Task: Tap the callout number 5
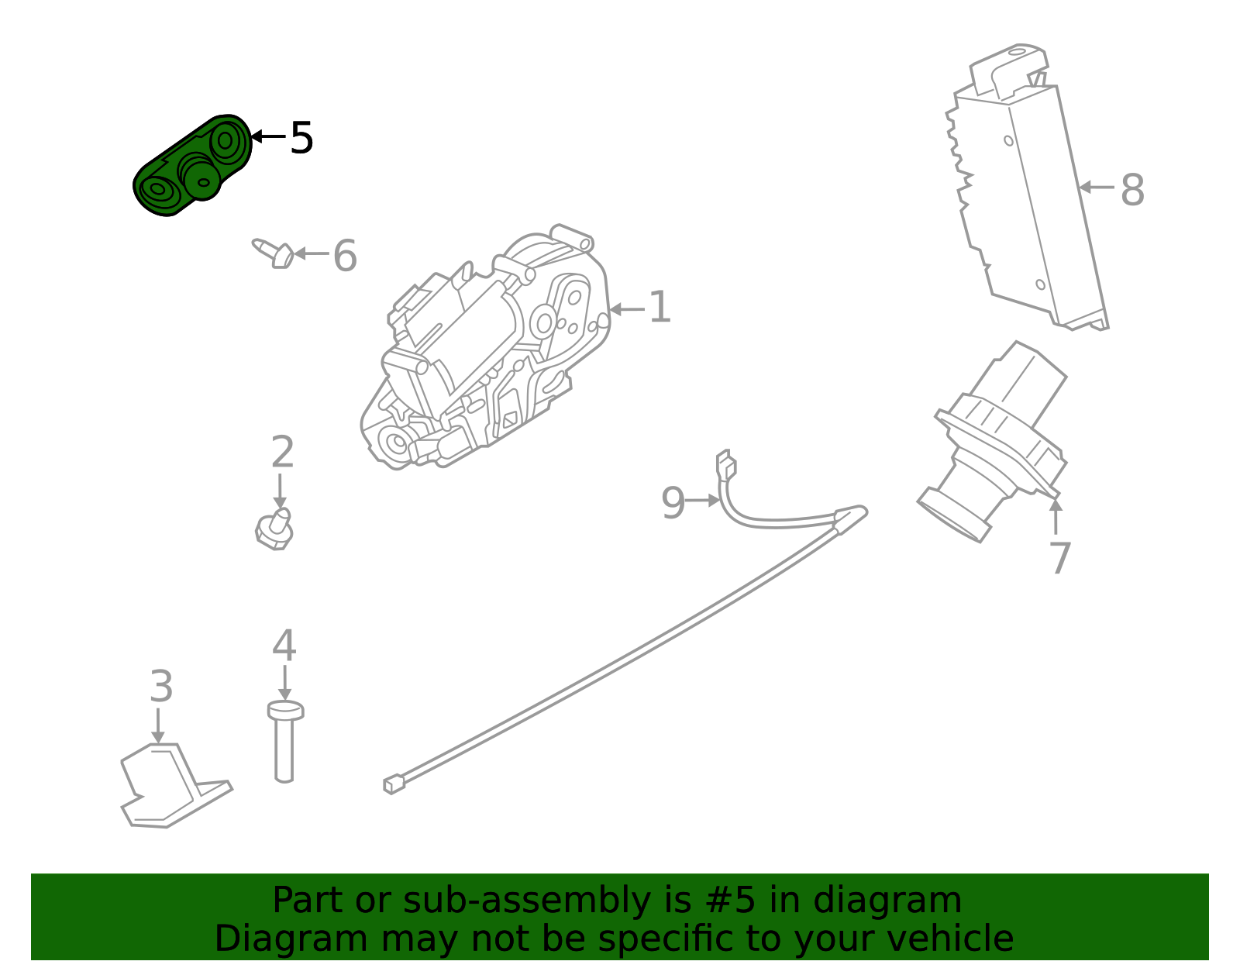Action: tap(301, 139)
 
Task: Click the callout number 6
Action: tap(345, 256)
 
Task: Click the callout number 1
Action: tap(659, 308)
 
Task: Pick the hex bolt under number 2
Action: tap(274, 529)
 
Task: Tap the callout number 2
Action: tap(282, 452)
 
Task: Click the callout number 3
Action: tap(160, 687)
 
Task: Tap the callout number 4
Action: tap(284, 646)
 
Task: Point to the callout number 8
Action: tap(1132, 190)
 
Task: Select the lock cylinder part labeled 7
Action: tap(996, 442)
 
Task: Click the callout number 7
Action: tap(1059, 558)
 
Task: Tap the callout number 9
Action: tap(673, 503)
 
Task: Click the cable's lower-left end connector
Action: tap(394, 784)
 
